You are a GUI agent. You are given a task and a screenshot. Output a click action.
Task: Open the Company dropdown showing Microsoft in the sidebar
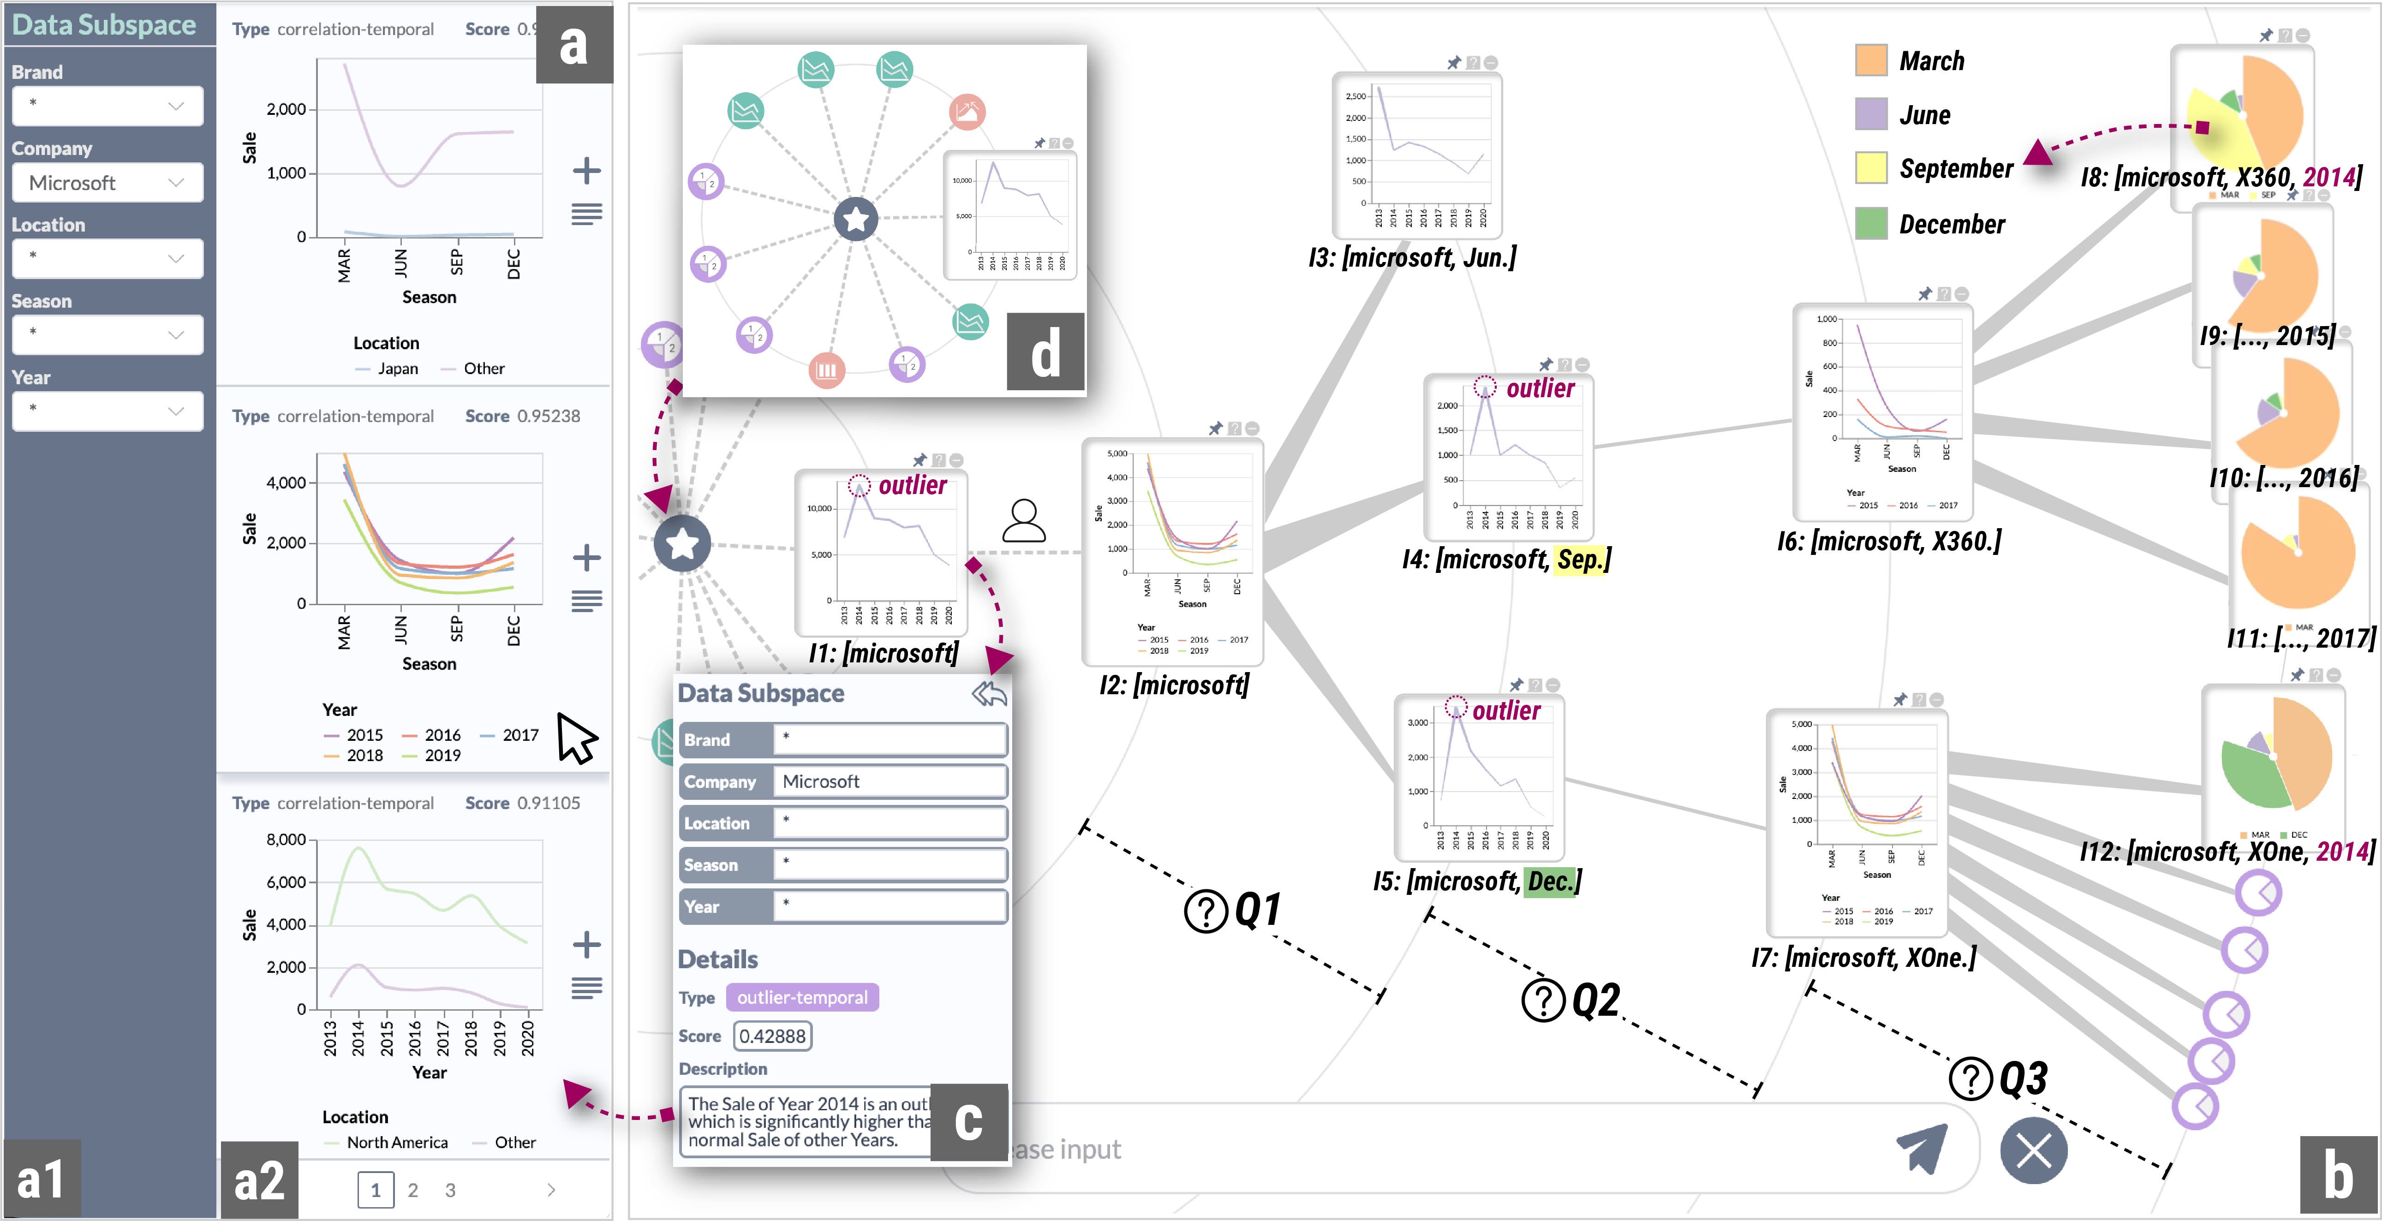pos(107,183)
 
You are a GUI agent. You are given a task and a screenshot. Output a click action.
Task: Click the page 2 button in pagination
pos(412,1190)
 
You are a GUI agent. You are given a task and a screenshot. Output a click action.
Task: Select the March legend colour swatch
pos(1871,61)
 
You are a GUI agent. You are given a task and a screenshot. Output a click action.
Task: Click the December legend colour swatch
pos(1871,224)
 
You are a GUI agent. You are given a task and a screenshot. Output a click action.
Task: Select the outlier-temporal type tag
pos(802,997)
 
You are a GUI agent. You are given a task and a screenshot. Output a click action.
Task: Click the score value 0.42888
pos(772,1036)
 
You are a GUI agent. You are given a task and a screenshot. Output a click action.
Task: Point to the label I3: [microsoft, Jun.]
pos(1412,258)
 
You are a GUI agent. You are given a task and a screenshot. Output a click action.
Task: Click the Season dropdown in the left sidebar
pos(107,334)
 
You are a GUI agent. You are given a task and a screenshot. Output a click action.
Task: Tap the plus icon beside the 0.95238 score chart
pos(586,557)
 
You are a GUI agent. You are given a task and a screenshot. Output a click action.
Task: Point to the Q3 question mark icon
pos(1970,1078)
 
